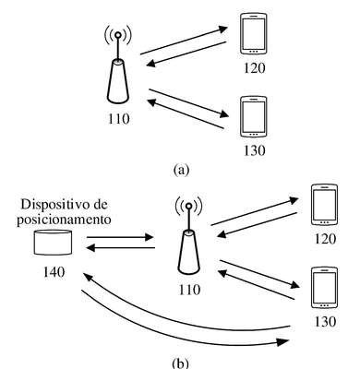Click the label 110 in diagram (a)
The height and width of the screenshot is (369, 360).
pyautogui.click(x=119, y=119)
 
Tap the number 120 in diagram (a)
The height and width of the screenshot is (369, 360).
pyautogui.click(x=255, y=67)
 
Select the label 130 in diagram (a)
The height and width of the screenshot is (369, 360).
pyautogui.click(x=255, y=150)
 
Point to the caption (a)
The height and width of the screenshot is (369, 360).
pyautogui.click(x=181, y=170)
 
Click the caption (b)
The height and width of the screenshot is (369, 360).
pyautogui.click(x=181, y=363)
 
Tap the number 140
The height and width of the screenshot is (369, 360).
pyautogui.click(x=54, y=272)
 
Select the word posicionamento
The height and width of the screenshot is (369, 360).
pyautogui.click(x=64, y=220)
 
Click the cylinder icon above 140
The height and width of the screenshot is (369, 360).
pyautogui.click(x=53, y=243)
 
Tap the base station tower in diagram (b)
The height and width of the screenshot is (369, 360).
pyautogui.click(x=189, y=237)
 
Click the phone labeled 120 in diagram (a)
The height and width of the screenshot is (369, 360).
pyautogui.click(x=254, y=34)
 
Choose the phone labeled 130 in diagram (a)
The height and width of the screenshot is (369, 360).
pyautogui.click(x=254, y=116)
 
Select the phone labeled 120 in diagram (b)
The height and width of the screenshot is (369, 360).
pyautogui.click(x=324, y=205)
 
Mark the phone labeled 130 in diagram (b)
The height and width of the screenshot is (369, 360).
pyautogui.click(x=324, y=288)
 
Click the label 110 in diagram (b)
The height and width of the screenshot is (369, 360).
pyautogui.click(x=189, y=290)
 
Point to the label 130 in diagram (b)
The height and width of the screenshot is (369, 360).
pyautogui.click(x=325, y=322)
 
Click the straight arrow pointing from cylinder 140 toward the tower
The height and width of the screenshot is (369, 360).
pyautogui.click(x=120, y=237)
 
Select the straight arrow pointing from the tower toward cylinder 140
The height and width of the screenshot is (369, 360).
pyautogui.click(x=120, y=247)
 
